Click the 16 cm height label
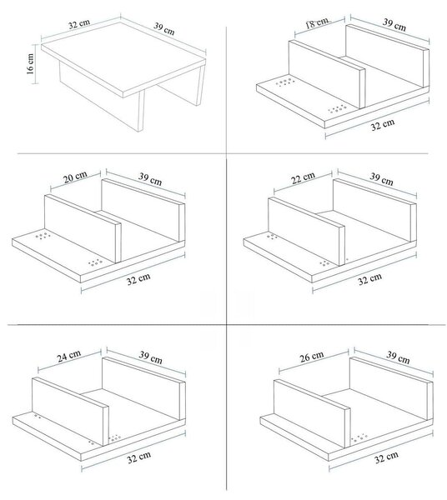click(x=30, y=64)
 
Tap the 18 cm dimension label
click(x=316, y=22)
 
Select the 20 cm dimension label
click(x=75, y=177)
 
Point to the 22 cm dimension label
click(x=303, y=178)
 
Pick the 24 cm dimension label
click(x=69, y=356)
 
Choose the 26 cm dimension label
click(x=312, y=357)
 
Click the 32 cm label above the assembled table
click(x=79, y=24)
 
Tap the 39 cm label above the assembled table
click(x=164, y=28)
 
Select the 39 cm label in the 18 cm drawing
click(x=394, y=25)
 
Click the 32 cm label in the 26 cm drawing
click(x=386, y=457)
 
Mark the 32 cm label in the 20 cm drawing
click(x=138, y=279)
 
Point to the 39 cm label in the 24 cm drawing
click(x=151, y=357)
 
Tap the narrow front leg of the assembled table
click(x=140, y=111)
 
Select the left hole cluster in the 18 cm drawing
click(x=285, y=82)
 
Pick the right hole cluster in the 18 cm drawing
click(x=337, y=108)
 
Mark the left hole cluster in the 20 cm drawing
click(x=43, y=236)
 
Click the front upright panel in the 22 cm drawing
click(x=307, y=232)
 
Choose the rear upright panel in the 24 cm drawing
click(x=143, y=387)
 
